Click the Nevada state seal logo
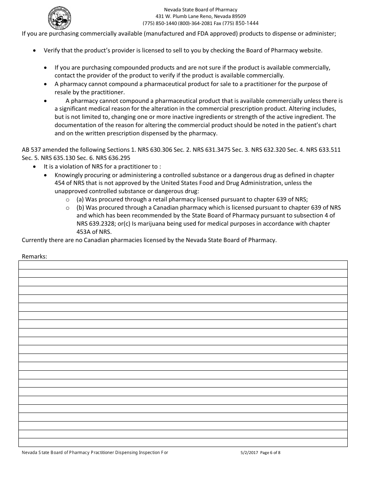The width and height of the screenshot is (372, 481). (60, 18)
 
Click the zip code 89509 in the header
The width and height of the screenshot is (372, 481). (238, 16)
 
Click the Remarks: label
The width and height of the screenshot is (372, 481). (34, 257)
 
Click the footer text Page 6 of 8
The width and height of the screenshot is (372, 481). (270, 453)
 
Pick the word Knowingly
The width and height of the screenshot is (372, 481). (69, 175)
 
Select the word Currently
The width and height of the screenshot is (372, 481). (36, 240)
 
